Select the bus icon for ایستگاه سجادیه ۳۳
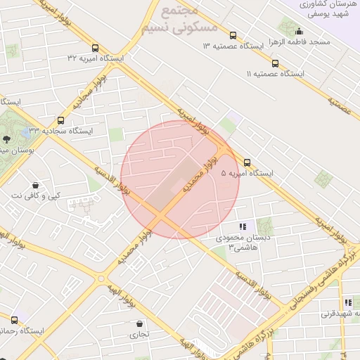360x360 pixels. tap(60, 120)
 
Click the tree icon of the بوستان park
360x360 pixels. tap(6, 140)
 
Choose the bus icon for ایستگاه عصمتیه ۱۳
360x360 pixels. tap(233, 35)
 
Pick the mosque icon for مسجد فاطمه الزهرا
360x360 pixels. tap(299, 31)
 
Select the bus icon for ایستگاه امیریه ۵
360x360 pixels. tap(247, 162)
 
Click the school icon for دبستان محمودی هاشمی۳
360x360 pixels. tap(242, 226)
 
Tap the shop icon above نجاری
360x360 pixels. tap(139, 324)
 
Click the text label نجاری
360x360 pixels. tap(139, 335)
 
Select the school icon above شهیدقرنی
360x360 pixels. tap(347, 302)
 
